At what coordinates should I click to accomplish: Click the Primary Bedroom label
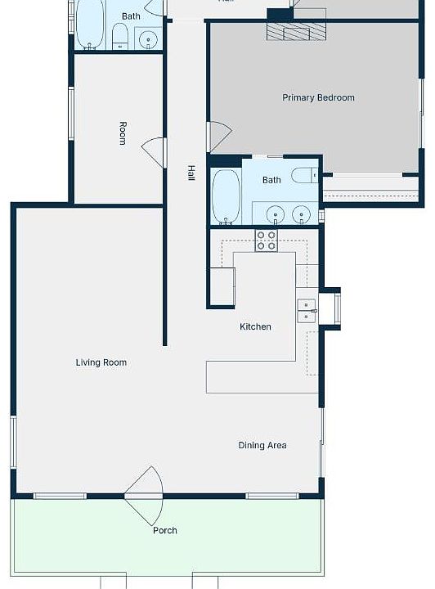click(318, 98)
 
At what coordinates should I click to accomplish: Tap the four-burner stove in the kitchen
click(266, 241)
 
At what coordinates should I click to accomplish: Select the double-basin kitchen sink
click(307, 310)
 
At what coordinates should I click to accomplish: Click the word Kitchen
click(255, 327)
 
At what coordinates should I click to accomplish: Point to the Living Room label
click(101, 362)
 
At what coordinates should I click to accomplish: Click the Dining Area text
click(262, 446)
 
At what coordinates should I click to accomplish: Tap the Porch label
click(165, 531)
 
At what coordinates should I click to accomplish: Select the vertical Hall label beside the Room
click(191, 173)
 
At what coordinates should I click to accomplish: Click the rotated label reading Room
click(123, 133)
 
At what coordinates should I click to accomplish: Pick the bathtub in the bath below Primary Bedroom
click(226, 196)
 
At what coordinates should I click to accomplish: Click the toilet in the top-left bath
click(120, 35)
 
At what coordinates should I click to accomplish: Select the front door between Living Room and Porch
click(146, 496)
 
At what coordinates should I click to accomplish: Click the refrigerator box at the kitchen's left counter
click(222, 286)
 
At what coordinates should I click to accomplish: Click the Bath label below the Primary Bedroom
click(271, 180)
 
